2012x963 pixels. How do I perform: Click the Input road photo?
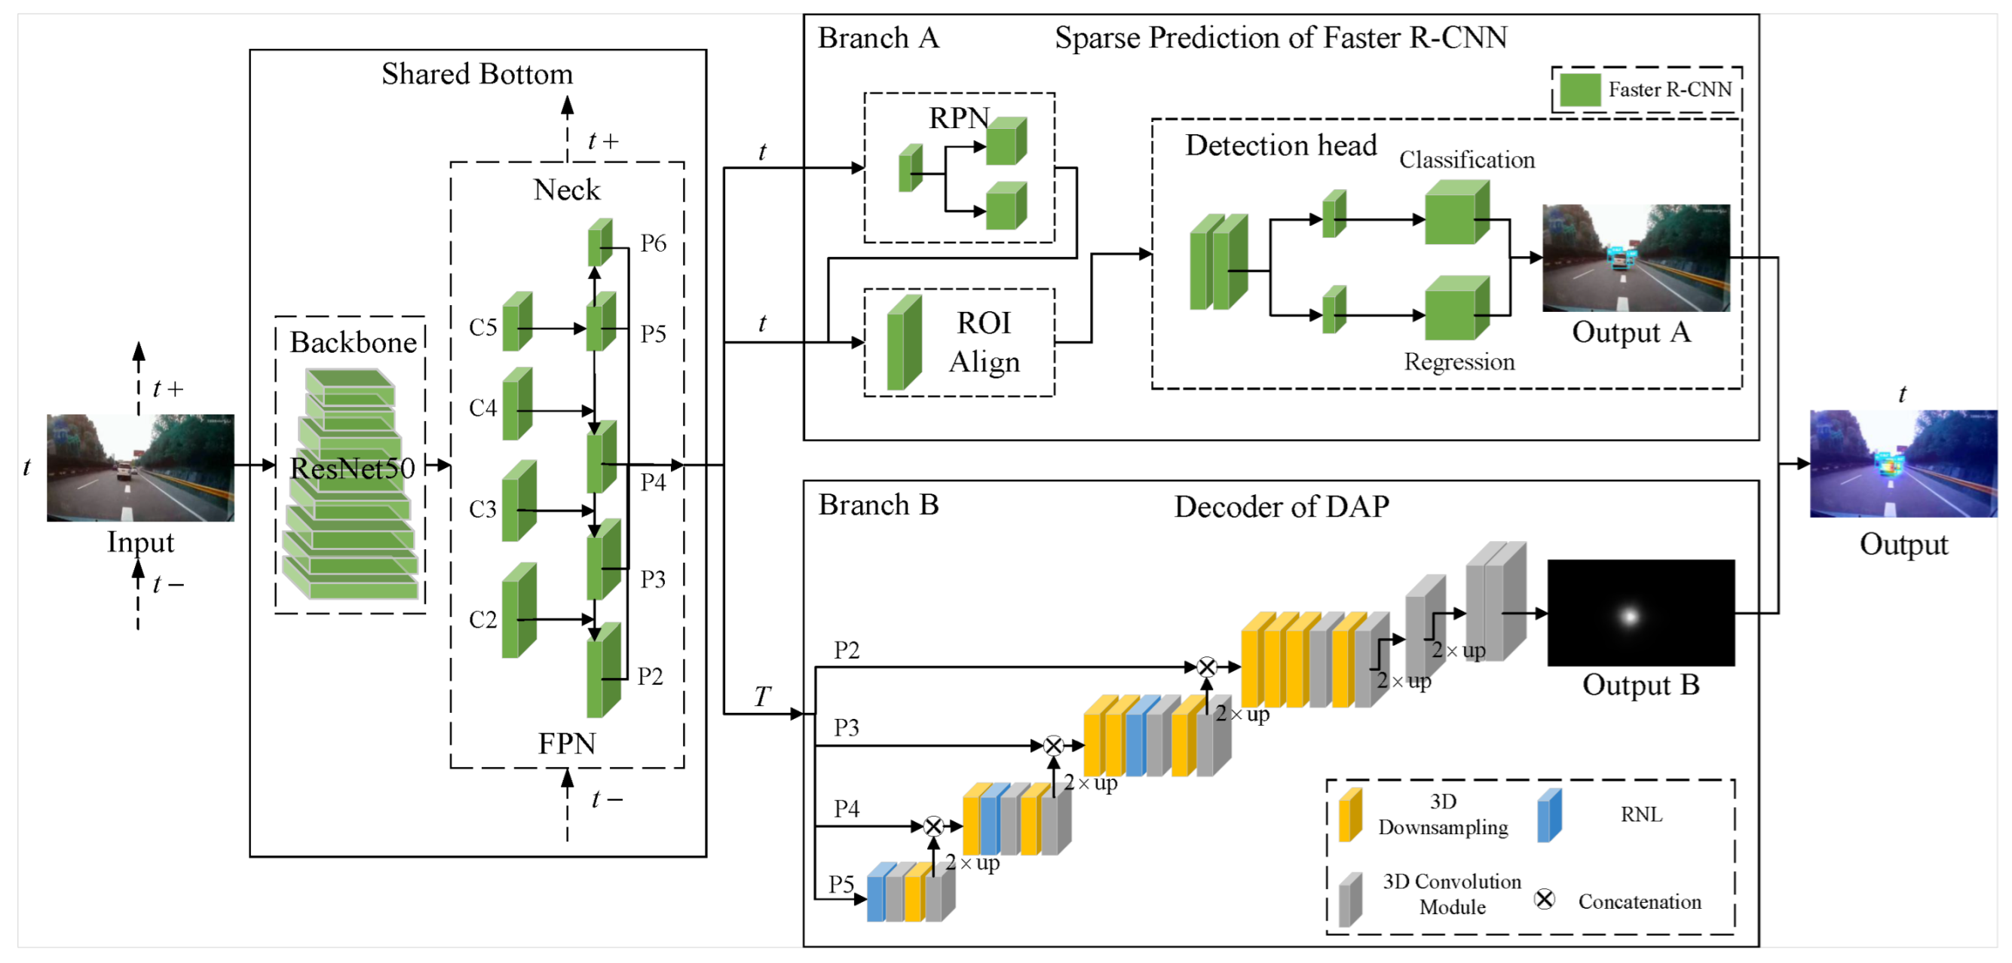pos(140,467)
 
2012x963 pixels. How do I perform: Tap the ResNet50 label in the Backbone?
pos(352,468)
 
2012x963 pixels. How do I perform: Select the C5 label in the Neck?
pos(482,326)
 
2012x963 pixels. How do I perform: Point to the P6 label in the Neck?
pos(653,243)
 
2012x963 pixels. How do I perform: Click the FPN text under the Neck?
pos(567,743)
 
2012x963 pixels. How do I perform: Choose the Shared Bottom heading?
pos(477,73)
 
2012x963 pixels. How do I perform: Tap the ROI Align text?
pos(984,342)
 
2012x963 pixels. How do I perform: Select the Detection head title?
pos(1281,145)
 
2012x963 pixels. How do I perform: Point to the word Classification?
pos(1467,159)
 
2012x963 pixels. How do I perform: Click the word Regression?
pos(1459,362)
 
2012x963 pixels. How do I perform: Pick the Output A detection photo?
pos(1637,258)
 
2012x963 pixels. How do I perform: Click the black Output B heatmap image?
pos(1641,613)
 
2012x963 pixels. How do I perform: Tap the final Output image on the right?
pos(1903,463)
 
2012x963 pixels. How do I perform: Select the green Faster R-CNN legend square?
pos(1580,90)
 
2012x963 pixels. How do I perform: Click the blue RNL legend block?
pos(1549,815)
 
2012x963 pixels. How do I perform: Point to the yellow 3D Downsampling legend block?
pos(1350,815)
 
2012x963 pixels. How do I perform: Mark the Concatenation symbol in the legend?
pos(1544,900)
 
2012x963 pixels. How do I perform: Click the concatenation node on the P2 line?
pos(1207,666)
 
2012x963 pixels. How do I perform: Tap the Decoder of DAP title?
pos(1282,507)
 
